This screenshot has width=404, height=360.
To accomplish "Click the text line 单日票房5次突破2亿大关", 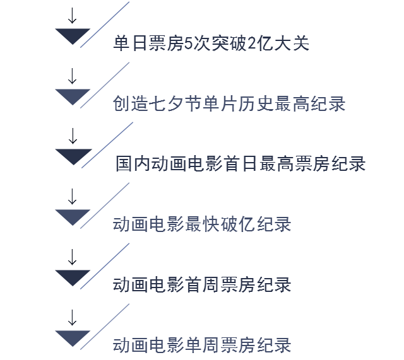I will (211, 44).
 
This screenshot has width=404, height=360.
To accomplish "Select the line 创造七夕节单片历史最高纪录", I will (229, 104).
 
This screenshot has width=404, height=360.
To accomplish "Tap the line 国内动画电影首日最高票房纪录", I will (241, 164).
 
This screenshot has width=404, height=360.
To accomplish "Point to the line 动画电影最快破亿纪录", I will (202, 224).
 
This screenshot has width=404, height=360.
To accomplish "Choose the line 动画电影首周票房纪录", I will (202, 284).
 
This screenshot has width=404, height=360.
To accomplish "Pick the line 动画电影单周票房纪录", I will (202, 345).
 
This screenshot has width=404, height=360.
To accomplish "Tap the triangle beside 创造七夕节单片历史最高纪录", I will (73, 96).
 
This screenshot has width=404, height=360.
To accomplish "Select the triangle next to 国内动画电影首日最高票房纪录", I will (73, 156).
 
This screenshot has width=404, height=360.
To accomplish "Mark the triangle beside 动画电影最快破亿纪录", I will (73, 216).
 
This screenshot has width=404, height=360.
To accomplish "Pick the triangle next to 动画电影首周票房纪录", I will (73, 277).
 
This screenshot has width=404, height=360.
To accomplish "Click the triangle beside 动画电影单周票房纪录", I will (73, 337).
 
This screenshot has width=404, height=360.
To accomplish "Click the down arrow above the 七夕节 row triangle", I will (73, 75).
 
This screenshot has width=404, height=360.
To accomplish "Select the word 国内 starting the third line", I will (133, 164).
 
